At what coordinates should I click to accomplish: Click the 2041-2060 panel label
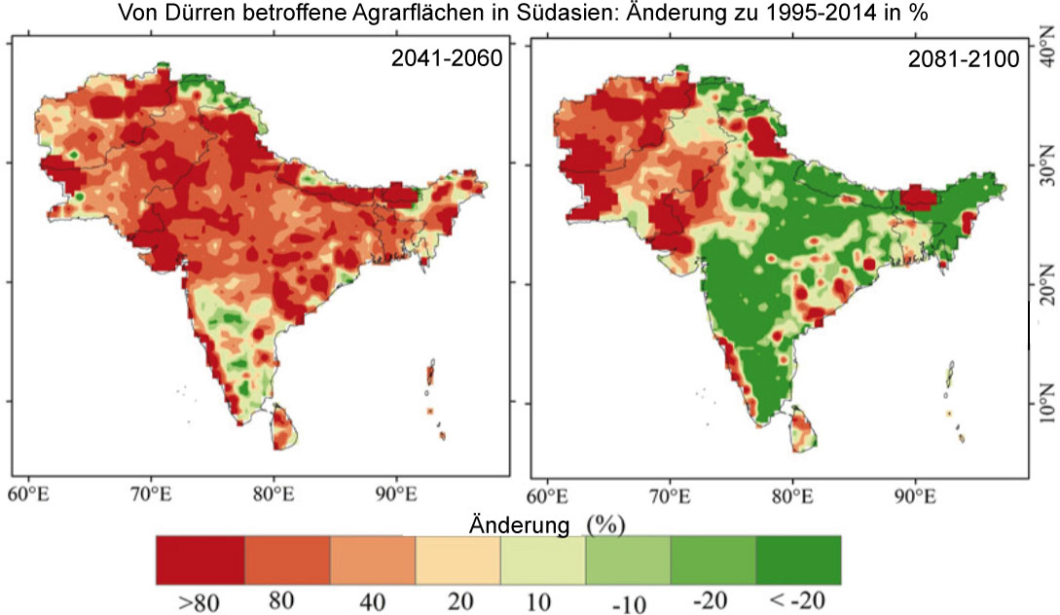point(447,57)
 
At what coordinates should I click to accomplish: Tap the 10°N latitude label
point(1046,401)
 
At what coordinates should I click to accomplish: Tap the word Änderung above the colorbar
point(519,525)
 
